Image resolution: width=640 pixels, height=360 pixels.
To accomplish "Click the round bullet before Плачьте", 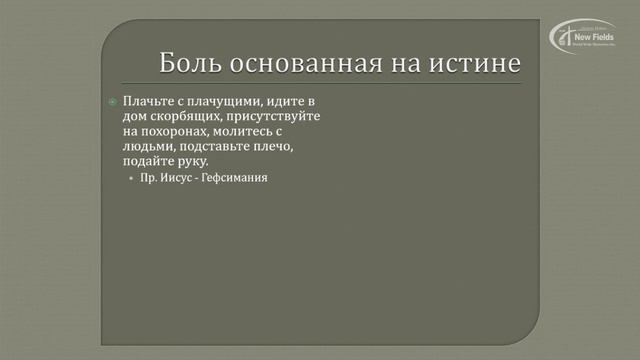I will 113,102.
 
